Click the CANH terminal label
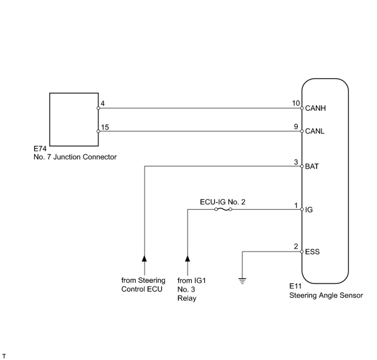pyautogui.click(x=315, y=108)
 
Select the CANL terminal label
pyautogui.click(x=315, y=131)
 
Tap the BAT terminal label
pyautogui.click(x=312, y=166)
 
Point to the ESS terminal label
pyautogui.click(x=312, y=252)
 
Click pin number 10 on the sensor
pyautogui.click(x=296, y=103)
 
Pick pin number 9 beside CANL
pyautogui.click(x=296, y=126)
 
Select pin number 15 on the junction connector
pyautogui.click(x=105, y=127)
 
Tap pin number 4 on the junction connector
pyautogui.click(x=103, y=103)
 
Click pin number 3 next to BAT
pyautogui.click(x=296, y=162)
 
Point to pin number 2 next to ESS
pyautogui.click(x=296, y=247)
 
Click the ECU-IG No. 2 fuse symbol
pyautogui.click(x=223, y=209)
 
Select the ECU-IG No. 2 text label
pyautogui.click(x=222, y=202)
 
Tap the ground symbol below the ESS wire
pyautogui.click(x=242, y=281)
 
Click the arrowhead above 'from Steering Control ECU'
pyautogui.click(x=145, y=258)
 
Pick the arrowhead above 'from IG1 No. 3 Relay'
pyautogui.click(x=188, y=258)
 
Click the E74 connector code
pyautogui.click(x=40, y=149)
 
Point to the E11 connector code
pyautogui.click(x=295, y=287)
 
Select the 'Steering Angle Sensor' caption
pyautogui.click(x=326, y=295)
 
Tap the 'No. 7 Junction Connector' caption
pyautogui.click(x=75, y=157)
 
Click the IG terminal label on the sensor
pyautogui.click(x=308, y=210)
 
